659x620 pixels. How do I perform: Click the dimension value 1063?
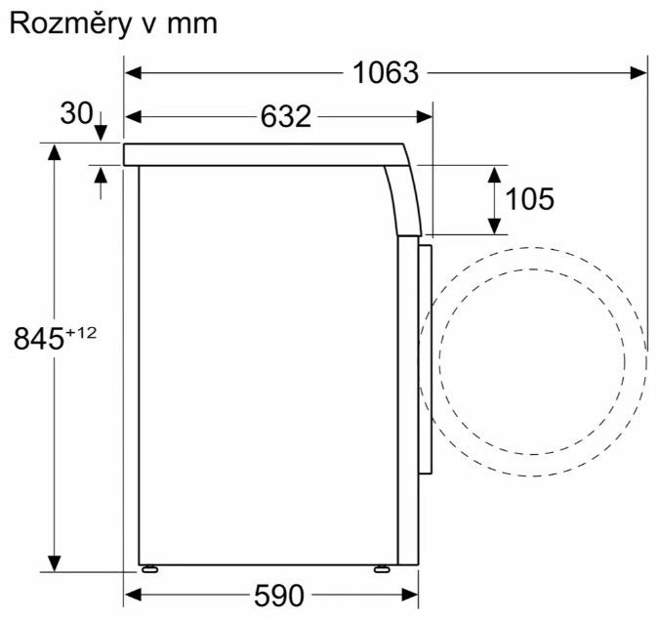pos(386,72)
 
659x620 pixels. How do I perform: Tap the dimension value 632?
pos(286,116)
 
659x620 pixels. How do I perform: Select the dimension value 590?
pos(279,595)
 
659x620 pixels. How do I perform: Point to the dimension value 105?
pos(529,199)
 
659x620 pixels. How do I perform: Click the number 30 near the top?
pos(76,113)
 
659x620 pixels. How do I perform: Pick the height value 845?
pos(39,339)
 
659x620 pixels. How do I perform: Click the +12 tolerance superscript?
pos(81,333)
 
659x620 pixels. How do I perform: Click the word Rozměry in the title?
pos(70,24)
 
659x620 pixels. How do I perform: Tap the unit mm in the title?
pos(192,25)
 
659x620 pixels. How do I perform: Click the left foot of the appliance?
pos(149,568)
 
